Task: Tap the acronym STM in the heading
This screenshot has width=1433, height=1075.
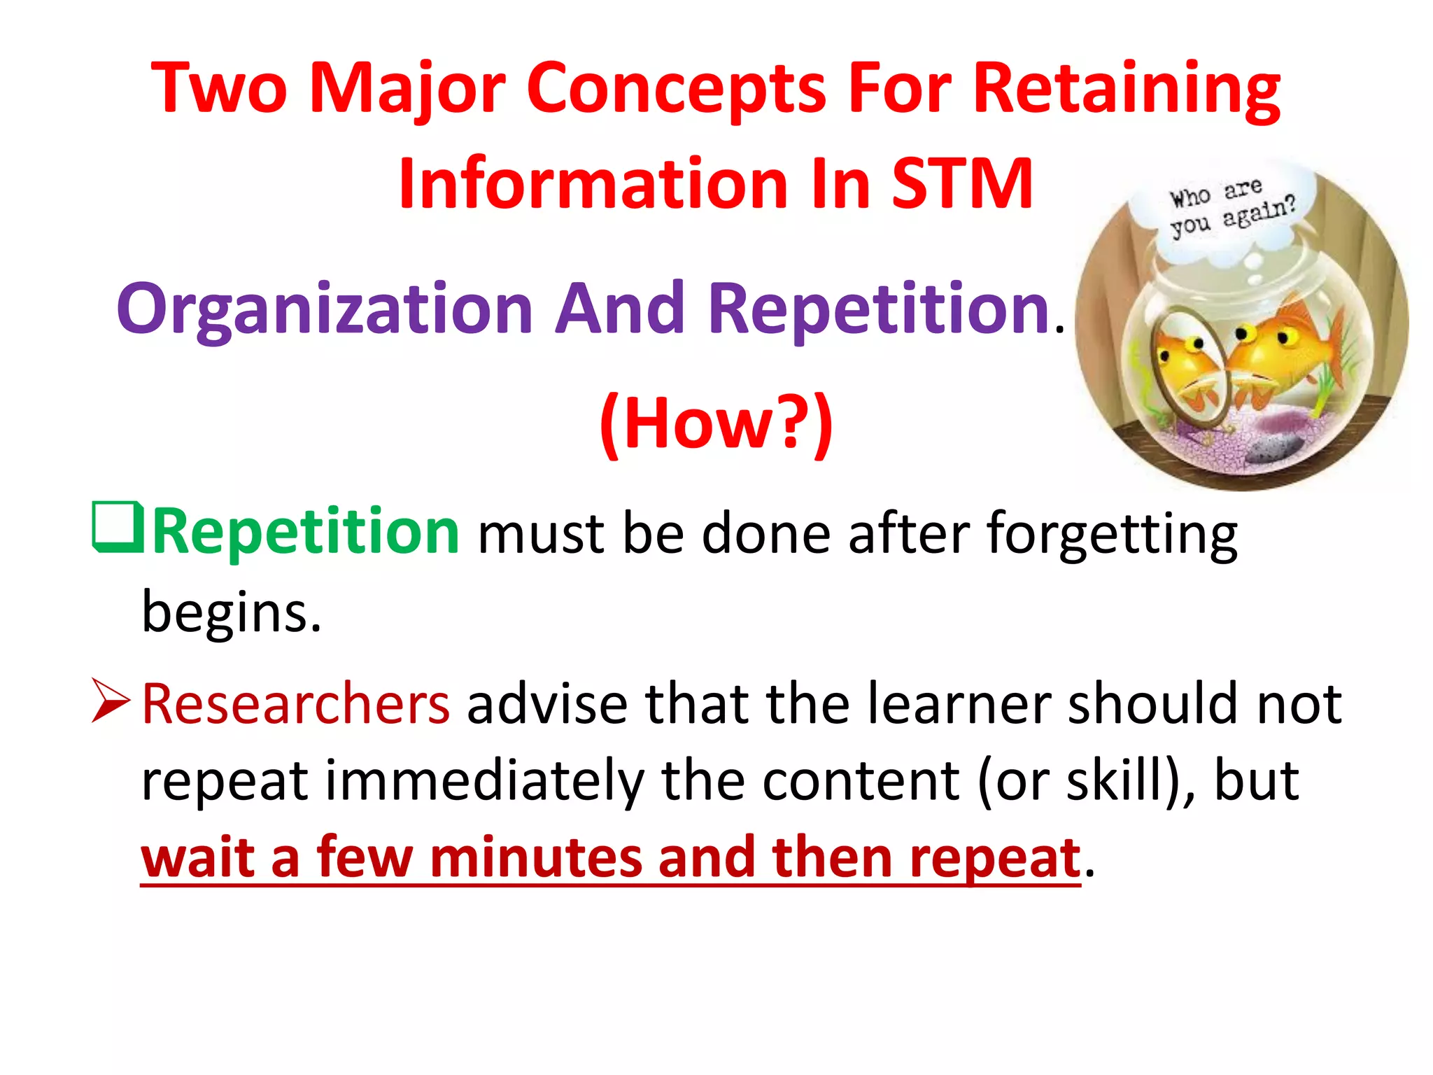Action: click(962, 183)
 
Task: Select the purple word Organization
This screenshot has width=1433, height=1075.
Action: click(325, 310)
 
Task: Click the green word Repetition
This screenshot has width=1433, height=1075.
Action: click(306, 532)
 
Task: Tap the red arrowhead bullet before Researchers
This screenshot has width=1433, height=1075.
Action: click(111, 700)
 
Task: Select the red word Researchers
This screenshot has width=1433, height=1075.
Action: click(295, 704)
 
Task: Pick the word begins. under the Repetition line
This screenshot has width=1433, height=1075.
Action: click(231, 612)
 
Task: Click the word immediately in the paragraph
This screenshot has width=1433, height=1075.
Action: click(484, 781)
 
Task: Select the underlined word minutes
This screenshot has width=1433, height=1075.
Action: click(535, 858)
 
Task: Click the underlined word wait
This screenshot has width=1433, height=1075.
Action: click(198, 858)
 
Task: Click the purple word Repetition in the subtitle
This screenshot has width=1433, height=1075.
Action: click(879, 310)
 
